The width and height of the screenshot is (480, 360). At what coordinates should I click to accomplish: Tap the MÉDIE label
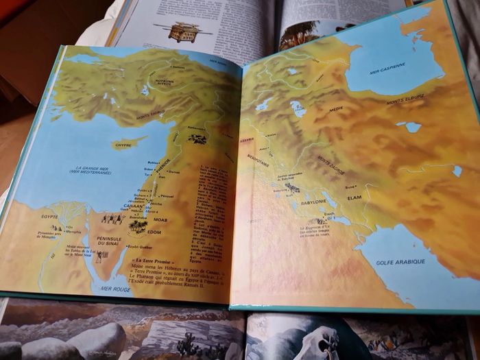coord(336,110)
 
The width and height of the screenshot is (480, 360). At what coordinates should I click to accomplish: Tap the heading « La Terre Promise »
coord(153,261)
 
